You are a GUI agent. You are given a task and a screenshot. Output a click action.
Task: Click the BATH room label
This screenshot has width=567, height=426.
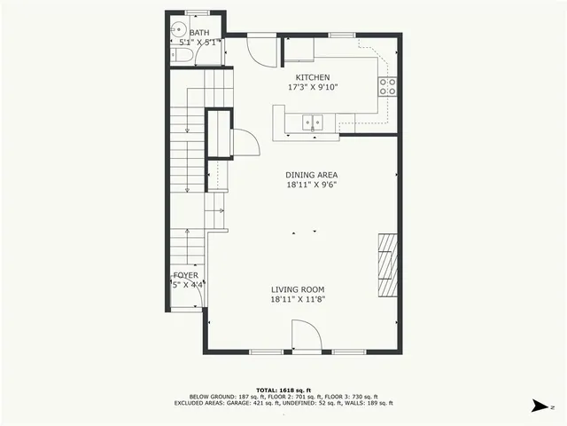[199, 33]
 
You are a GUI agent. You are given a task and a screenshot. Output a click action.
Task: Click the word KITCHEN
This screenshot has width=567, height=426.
[313, 77]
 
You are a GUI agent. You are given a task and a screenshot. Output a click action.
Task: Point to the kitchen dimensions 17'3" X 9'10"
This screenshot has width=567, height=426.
[313, 88]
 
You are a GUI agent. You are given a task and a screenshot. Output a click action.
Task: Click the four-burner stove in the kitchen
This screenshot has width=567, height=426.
[387, 86]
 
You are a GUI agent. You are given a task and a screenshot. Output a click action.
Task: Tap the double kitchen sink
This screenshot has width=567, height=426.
[313, 122]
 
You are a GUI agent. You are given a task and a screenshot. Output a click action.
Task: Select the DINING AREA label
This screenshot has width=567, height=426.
[312, 175]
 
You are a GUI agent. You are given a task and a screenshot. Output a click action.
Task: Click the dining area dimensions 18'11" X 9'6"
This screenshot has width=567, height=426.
[312, 185]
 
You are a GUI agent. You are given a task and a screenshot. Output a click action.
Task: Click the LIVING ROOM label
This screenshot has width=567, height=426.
[298, 289]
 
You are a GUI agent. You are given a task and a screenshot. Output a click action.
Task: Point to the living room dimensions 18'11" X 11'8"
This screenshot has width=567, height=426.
[298, 300]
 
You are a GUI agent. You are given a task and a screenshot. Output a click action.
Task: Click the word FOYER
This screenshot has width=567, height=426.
[185, 276]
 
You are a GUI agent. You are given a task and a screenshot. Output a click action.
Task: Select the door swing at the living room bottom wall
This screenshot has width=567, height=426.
[307, 336]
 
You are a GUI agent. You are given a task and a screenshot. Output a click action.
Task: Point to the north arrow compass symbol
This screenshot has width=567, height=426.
[540, 405]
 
